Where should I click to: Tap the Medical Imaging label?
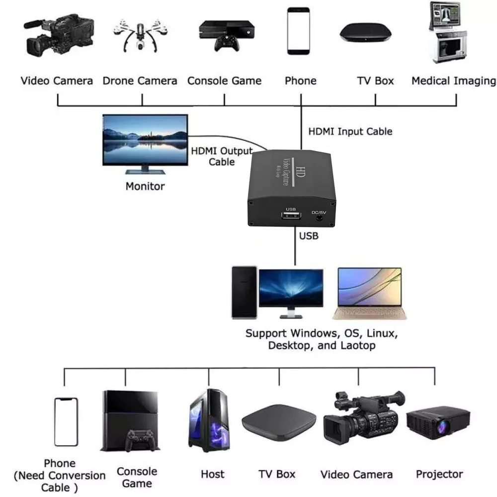[453, 81]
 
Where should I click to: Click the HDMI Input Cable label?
[350, 132]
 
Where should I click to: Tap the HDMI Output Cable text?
[222, 156]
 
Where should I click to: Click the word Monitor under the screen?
[145, 187]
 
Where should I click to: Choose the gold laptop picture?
[369, 293]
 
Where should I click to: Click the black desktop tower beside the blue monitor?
[245, 292]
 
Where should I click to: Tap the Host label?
[213, 474]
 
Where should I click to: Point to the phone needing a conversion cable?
[66, 422]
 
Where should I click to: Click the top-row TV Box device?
[365, 33]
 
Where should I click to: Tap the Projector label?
[439, 474]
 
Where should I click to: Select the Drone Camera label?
[140, 81]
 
